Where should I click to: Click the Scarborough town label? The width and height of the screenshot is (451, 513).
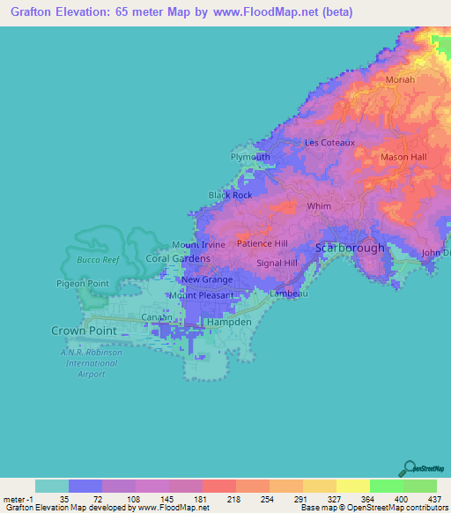350,249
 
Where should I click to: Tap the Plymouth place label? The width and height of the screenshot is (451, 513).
250,157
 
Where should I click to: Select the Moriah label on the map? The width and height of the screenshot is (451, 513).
400,80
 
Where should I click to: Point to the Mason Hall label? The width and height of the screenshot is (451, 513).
403,157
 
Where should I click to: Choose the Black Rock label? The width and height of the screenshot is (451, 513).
230,195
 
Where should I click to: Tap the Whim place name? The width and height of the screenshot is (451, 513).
317,206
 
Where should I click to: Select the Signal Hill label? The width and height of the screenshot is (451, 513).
277,263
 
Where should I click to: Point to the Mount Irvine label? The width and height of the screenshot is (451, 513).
199,244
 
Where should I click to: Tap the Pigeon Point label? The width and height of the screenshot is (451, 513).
81,283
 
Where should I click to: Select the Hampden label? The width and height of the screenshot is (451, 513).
229,323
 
